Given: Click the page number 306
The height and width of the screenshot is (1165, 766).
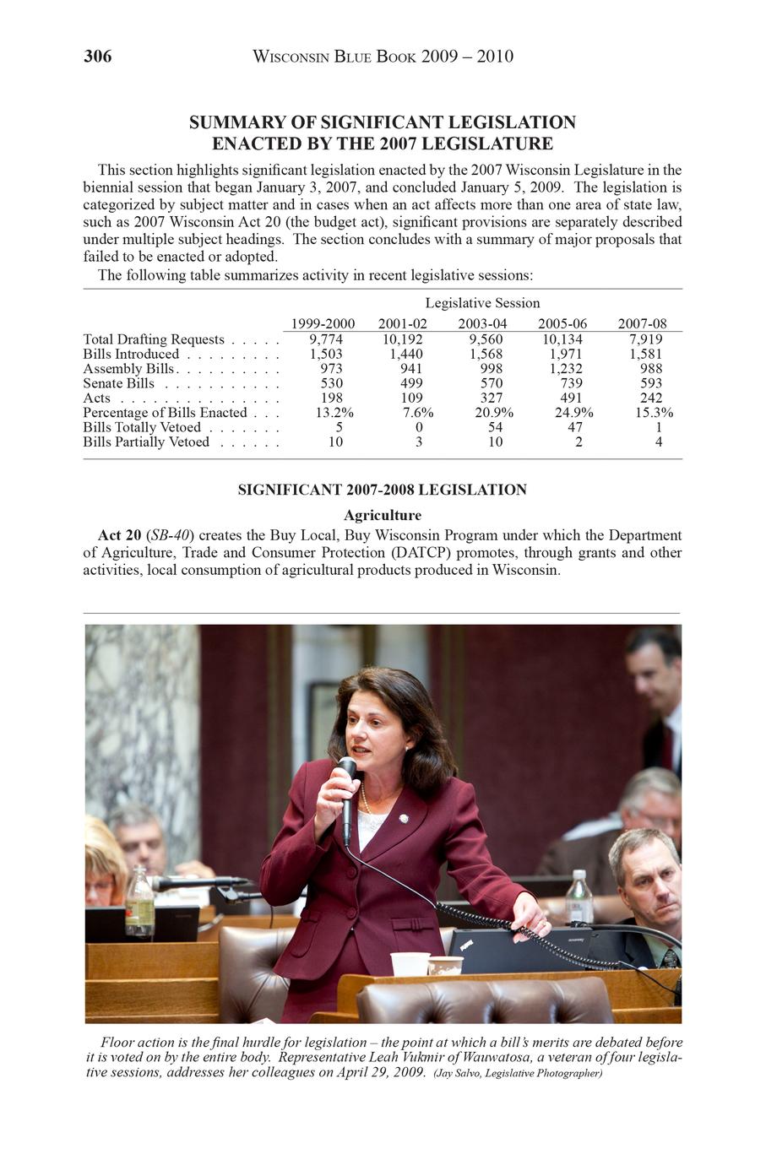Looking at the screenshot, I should click(x=97, y=57).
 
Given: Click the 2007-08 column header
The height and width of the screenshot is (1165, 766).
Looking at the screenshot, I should click(x=642, y=323).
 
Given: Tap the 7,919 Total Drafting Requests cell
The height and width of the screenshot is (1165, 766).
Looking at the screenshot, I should click(x=645, y=339).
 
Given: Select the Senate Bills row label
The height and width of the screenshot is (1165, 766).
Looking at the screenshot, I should click(x=118, y=383).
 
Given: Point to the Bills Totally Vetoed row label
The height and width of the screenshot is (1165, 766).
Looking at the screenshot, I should click(x=141, y=427).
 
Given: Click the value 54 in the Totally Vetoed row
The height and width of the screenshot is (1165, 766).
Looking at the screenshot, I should click(x=495, y=427).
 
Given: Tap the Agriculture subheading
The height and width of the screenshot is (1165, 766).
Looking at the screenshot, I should click(x=382, y=515).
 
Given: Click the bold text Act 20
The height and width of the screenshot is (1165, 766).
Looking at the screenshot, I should click(x=119, y=535).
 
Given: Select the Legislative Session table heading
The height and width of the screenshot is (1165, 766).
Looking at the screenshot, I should click(x=482, y=303).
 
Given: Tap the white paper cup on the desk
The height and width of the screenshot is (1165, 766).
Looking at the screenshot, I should click(x=410, y=963).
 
